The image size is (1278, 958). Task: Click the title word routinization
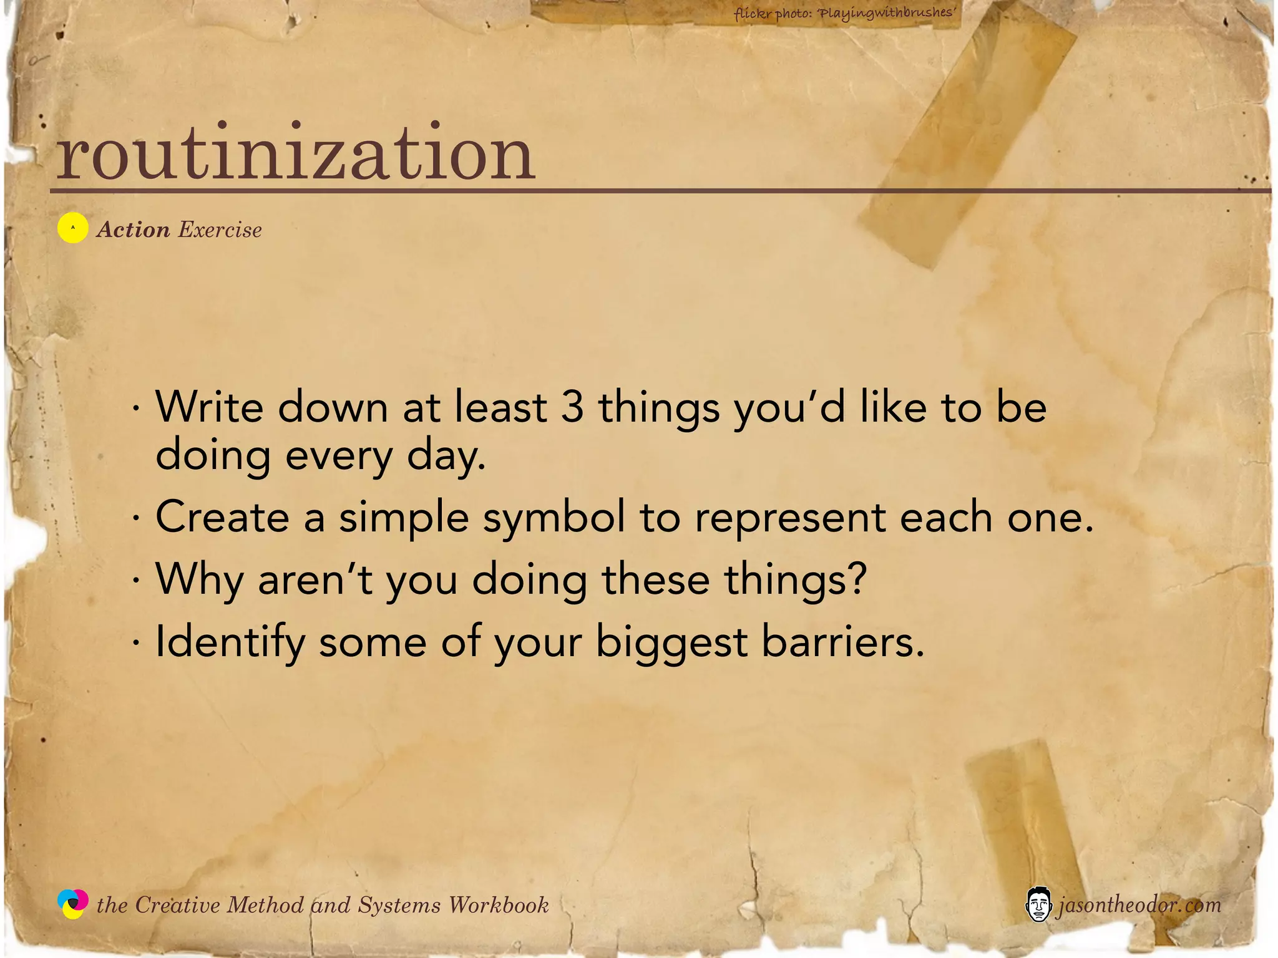[x=295, y=153]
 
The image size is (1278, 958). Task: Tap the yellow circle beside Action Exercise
[x=72, y=228]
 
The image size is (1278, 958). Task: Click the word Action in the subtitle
[x=134, y=230]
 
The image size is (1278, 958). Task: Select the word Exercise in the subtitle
[x=220, y=230]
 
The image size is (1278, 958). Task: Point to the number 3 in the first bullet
[x=572, y=407]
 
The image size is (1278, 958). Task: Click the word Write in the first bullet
[x=210, y=407]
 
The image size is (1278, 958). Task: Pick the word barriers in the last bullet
[x=842, y=641]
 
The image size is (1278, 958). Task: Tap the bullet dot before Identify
[x=135, y=642]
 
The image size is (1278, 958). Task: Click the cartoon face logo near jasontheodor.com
[x=1038, y=904]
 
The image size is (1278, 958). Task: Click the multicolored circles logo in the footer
[x=73, y=904]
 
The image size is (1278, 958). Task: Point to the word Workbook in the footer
[x=499, y=905]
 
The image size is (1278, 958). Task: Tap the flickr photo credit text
[x=845, y=13]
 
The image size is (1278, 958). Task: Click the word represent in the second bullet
[x=790, y=518]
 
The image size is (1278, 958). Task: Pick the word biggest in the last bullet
[x=671, y=642]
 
